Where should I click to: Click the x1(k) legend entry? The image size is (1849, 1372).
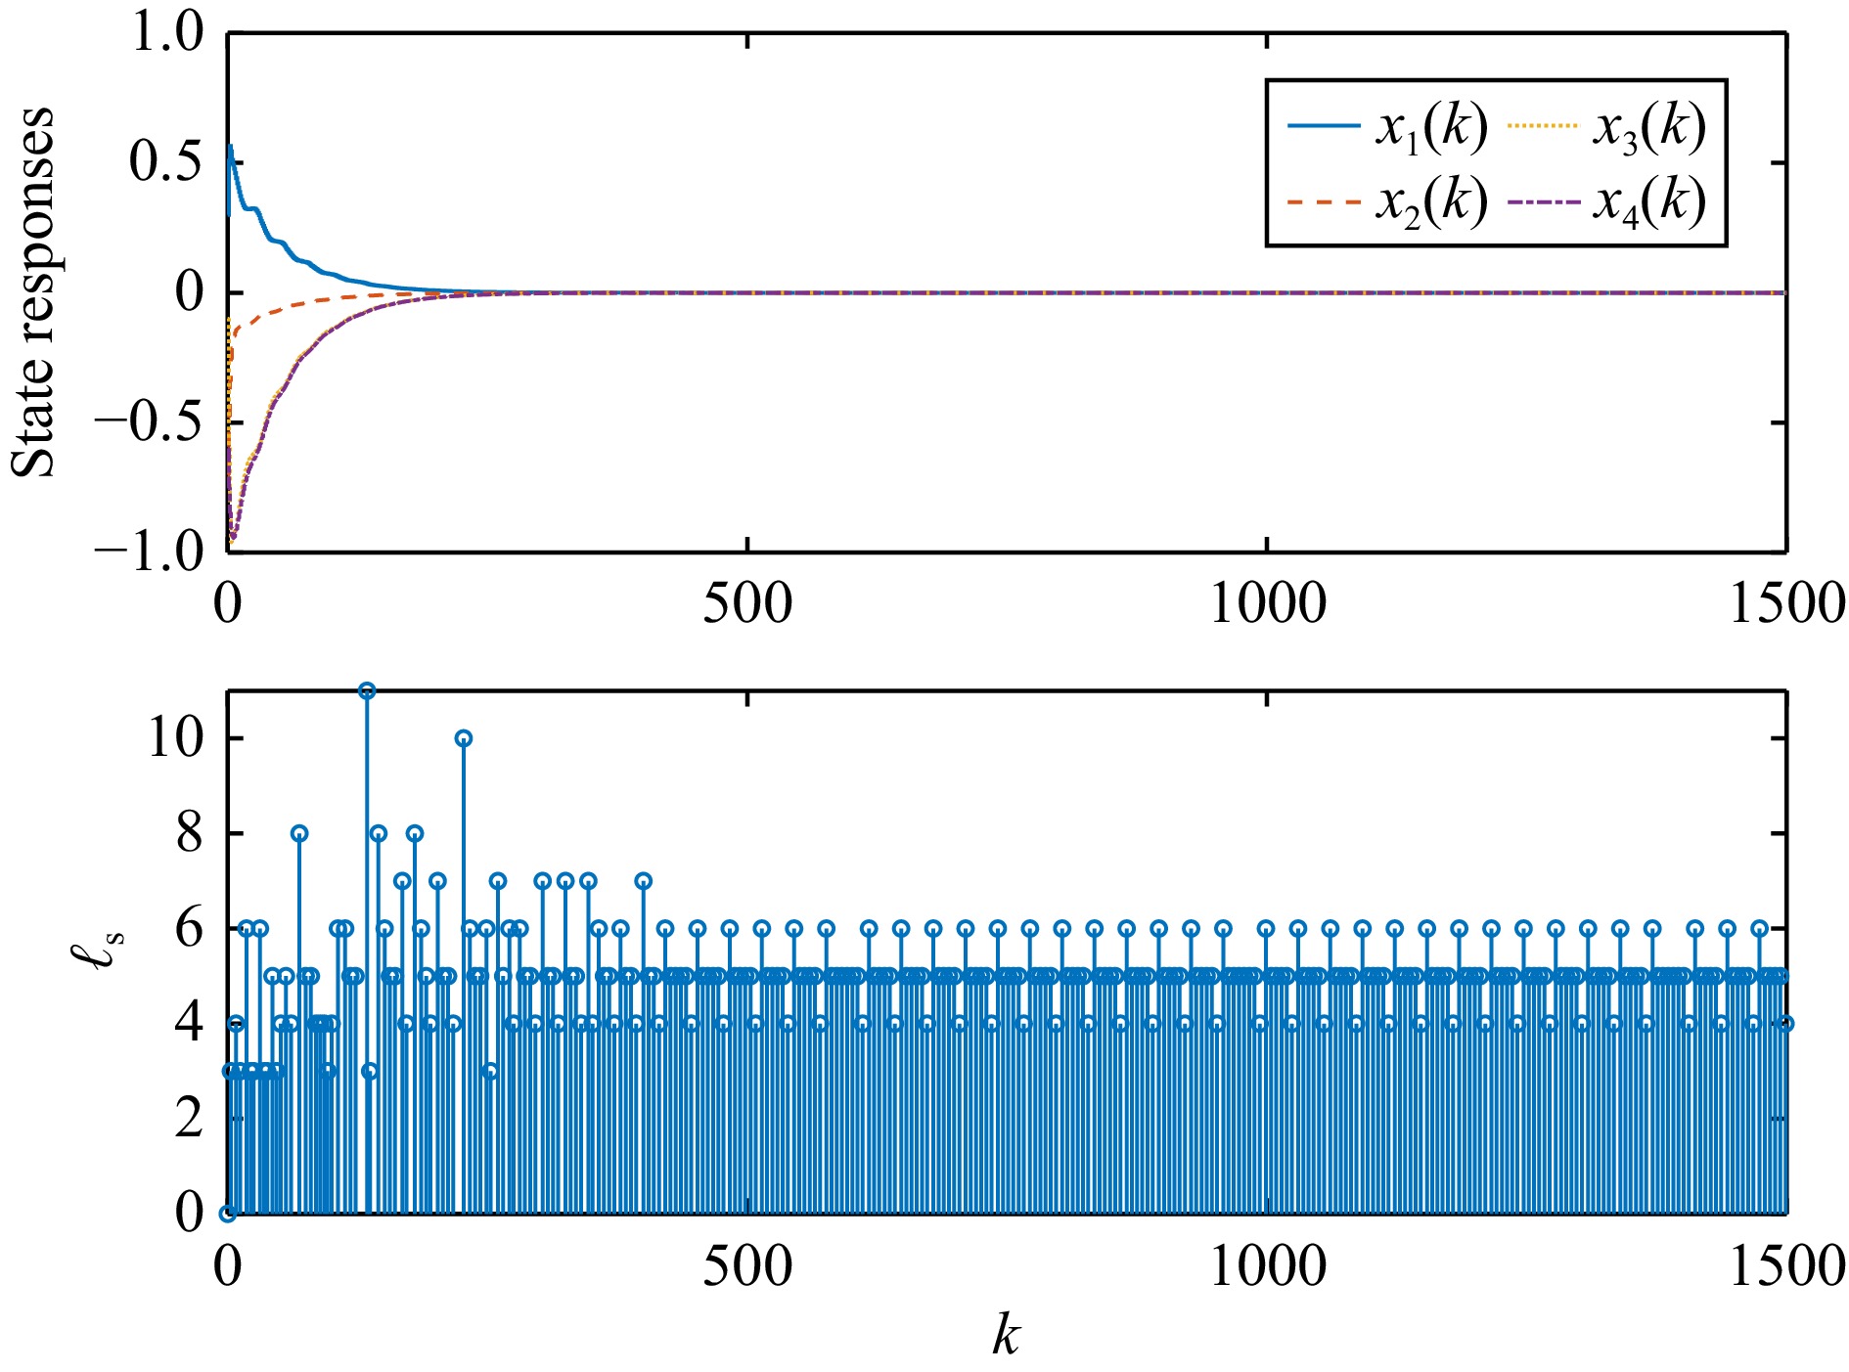pyautogui.click(x=1387, y=127)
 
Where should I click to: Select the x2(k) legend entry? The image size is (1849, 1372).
pyautogui.click(x=1387, y=202)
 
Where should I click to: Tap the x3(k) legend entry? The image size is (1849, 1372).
pyautogui.click(x=1607, y=127)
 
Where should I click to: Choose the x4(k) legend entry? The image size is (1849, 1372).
pyautogui.click(x=1607, y=202)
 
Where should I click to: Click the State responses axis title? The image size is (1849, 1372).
pyautogui.click(x=33, y=291)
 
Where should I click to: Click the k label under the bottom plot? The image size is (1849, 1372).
pyautogui.click(x=1006, y=1335)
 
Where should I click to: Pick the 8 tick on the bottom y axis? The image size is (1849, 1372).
pyautogui.click(x=189, y=833)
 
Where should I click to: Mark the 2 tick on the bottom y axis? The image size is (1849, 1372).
pyautogui.click(x=189, y=1118)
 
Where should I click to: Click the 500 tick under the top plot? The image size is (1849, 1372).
pyautogui.click(x=747, y=604)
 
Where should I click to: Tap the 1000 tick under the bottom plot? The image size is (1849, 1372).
pyautogui.click(x=1268, y=1266)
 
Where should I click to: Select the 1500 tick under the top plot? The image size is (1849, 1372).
pyautogui.click(x=1786, y=604)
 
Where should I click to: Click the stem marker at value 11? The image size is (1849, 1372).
pyautogui.click(x=367, y=691)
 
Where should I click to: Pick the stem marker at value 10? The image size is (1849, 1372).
pyautogui.click(x=464, y=738)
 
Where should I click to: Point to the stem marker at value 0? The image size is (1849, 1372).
pyautogui.click(x=228, y=1214)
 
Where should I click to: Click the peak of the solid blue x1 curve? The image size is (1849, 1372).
pyautogui.click(x=230, y=148)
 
